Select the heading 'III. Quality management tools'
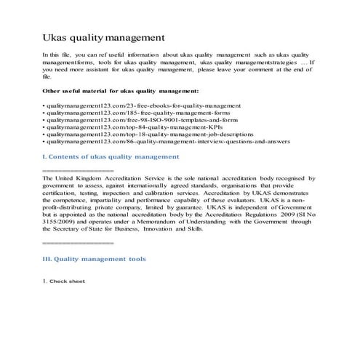coord(95,259)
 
